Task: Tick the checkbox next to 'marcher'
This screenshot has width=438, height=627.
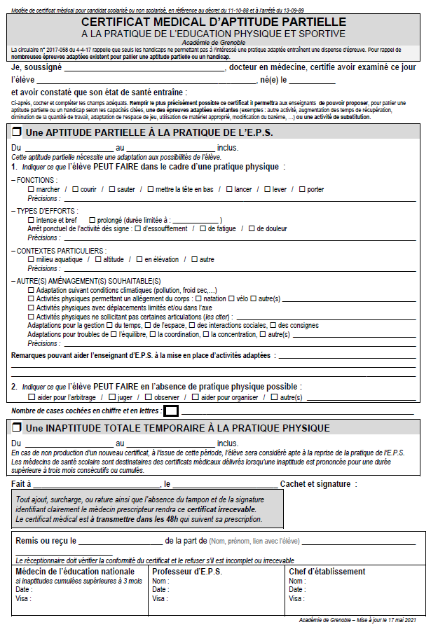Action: (x=31, y=189)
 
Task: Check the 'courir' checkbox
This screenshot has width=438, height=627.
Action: (x=75, y=189)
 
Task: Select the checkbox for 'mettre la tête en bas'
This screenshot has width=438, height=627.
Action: (x=151, y=189)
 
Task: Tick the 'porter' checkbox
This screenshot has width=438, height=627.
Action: (x=302, y=189)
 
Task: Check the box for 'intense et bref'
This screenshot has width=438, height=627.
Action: (x=31, y=220)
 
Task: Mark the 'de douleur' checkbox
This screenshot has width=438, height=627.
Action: (x=252, y=228)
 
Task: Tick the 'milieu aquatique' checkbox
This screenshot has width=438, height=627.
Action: (x=31, y=260)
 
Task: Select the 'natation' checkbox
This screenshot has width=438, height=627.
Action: (x=199, y=299)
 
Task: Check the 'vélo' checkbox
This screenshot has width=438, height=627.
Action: (x=231, y=299)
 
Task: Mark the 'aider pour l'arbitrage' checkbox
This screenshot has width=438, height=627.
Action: (x=31, y=397)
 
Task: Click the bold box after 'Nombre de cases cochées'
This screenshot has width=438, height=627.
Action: (x=171, y=411)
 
